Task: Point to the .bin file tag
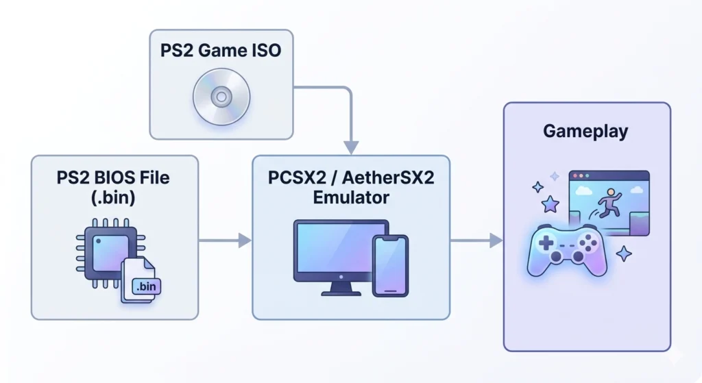pyautogui.click(x=145, y=288)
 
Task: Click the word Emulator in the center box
pyautogui.click(x=351, y=198)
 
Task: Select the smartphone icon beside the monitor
pyautogui.click(x=390, y=266)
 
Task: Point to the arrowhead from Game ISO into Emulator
pyautogui.click(x=351, y=147)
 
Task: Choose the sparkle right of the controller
pyautogui.click(x=625, y=254)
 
